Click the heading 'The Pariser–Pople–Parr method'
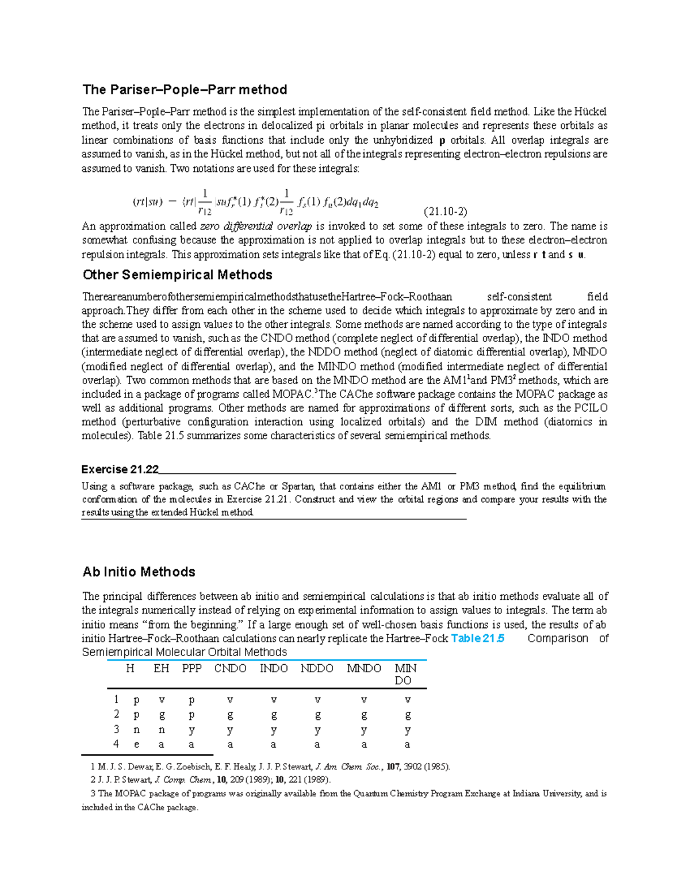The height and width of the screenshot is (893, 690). click(x=185, y=90)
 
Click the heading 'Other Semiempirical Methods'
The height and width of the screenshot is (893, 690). click(x=177, y=275)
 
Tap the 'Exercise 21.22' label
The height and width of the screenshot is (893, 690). click(x=120, y=469)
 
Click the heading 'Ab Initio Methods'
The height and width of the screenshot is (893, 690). click(x=139, y=572)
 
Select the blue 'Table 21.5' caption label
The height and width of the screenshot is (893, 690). click(x=478, y=638)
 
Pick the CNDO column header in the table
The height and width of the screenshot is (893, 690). click(x=230, y=668)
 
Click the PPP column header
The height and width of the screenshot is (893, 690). click(x=191, y=668)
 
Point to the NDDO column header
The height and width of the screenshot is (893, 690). click(x=317, y=668)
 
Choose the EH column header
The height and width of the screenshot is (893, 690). click(x=161, y=668)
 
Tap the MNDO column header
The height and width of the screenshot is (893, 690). click(x=364, y=668)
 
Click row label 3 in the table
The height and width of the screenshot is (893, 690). click(x=116, y=729)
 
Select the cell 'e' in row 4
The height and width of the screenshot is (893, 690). click(x=136, y=744)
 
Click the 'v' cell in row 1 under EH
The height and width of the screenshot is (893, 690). click(x=162, y=700)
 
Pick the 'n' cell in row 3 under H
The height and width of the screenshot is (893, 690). click(x=136, y=730)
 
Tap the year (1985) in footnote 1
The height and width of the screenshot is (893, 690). click(x=436, y=766)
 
